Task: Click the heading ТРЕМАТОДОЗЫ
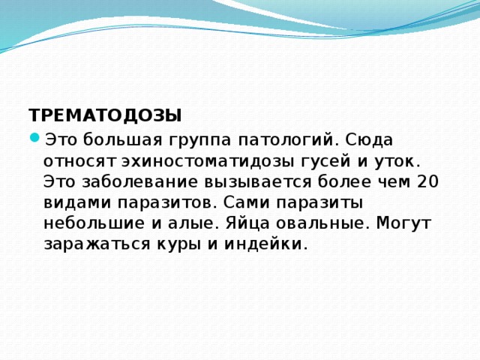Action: pyautogui.click(x=105, y=116)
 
